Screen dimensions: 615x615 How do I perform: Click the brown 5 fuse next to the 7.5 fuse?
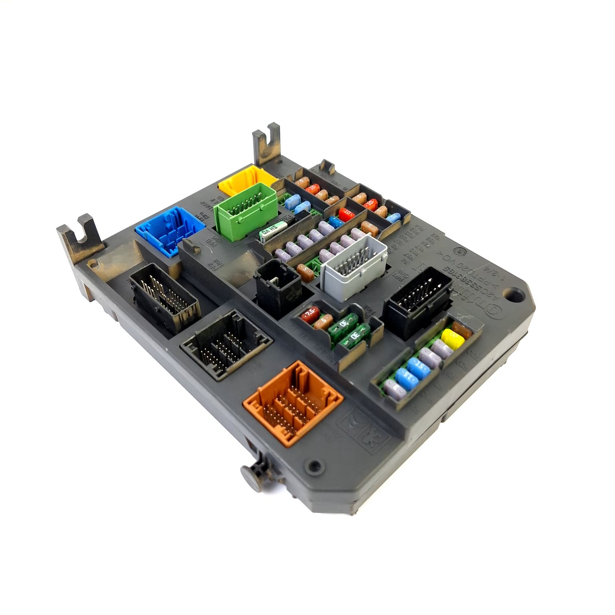click(323, 321)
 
